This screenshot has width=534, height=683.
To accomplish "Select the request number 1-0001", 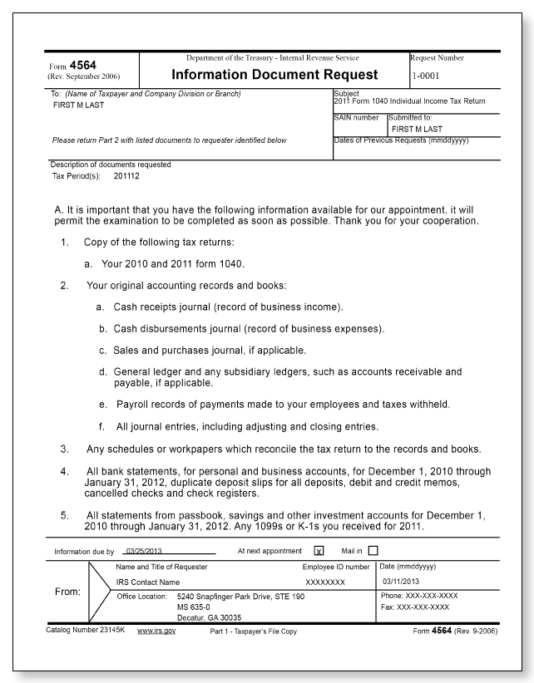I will tap(428, 76).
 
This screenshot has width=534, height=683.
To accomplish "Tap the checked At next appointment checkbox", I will tap(319, 550).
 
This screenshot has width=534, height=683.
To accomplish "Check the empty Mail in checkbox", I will tap(373, 550).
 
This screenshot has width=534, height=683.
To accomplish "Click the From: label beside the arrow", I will tap(67, 592).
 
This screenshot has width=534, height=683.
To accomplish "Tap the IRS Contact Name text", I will tap(147, 582).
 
